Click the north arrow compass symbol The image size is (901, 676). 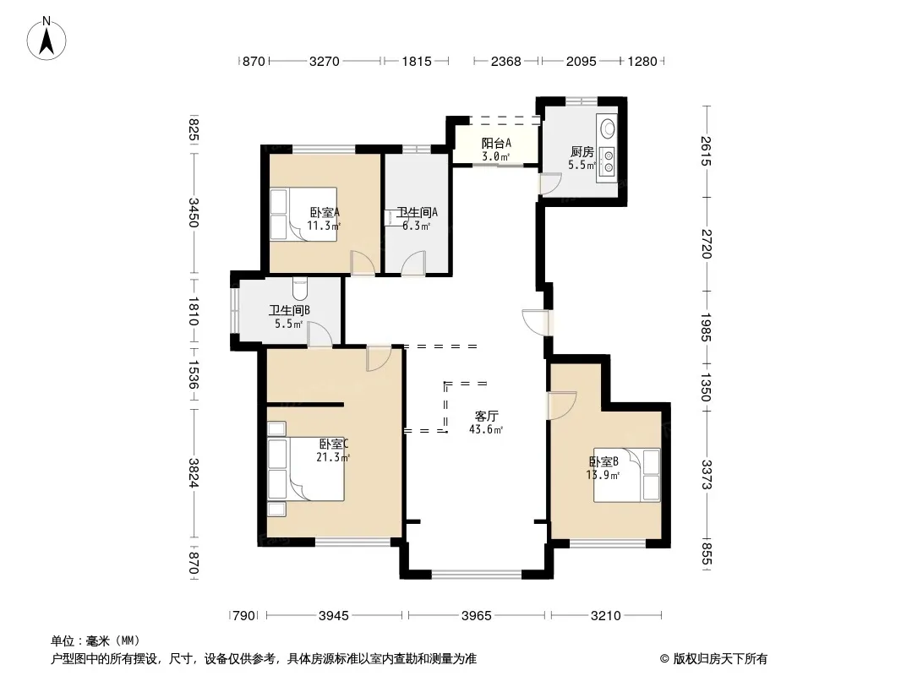(46, 39)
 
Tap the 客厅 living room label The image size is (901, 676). (486, 416)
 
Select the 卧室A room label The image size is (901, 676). (324, 212)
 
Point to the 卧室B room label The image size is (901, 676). (603, 461)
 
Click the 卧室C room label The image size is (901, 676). (334, 444)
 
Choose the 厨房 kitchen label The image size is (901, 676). (582, 151)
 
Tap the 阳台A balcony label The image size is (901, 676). (496, 143)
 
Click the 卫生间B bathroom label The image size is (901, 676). (289, 310)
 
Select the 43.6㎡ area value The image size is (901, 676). (486, 429)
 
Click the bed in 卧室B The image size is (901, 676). (627, 475)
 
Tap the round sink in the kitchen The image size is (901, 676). (607, 127)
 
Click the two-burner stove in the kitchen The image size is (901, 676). (608, 161)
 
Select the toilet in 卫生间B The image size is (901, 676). (301, 289)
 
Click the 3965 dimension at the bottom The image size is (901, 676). (477, 616)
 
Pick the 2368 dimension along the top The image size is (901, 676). (505, 61)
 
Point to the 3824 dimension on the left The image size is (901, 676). (193, 473)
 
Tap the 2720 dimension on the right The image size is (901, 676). (707, 244)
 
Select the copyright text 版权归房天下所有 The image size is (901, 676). (720, 659)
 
